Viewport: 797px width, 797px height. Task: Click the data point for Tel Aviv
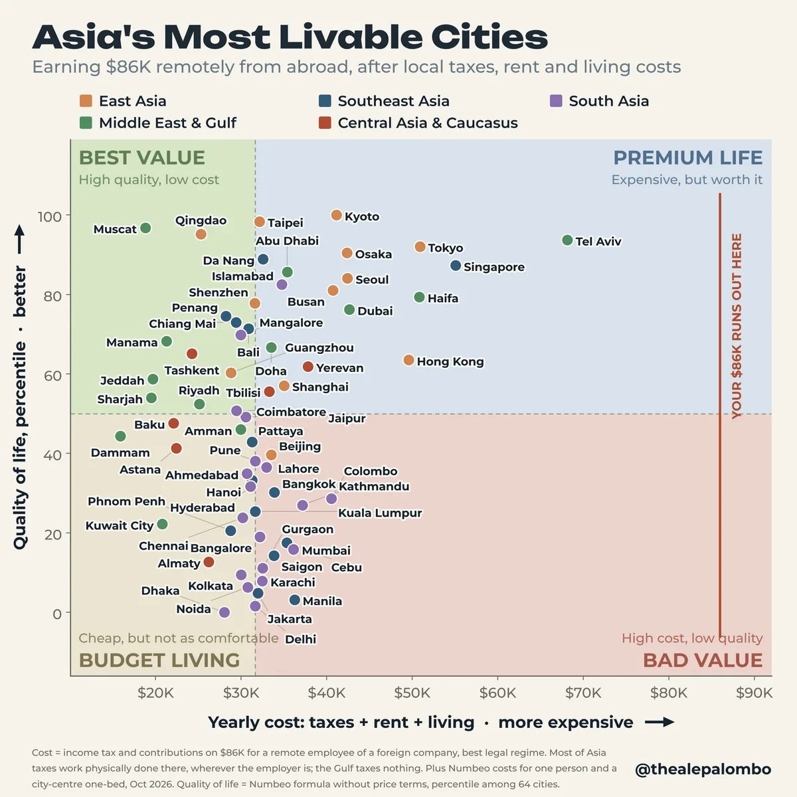(x=567, y=240)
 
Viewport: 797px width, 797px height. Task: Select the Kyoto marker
(x=336, y=215)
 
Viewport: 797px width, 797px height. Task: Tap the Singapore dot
(x=456, y=266)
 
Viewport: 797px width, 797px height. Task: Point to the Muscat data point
(x=145, y=228)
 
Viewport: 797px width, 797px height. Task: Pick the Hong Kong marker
(x=408, y=360)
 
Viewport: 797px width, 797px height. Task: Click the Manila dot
(x=294, y=600)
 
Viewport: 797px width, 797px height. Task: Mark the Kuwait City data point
(x=162, y=524)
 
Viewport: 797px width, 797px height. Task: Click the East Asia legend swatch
(x=86, y=101)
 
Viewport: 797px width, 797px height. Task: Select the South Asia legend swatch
(x=556, y=101)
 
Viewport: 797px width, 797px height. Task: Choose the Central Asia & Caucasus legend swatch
(x=325, y=123)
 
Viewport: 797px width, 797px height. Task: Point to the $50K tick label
(x=412, y=693)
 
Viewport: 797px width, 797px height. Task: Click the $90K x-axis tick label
(x=754, y=693)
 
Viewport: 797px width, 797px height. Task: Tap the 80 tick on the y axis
(x=52, y=296)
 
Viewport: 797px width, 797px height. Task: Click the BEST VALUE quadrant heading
(x=142, y=157)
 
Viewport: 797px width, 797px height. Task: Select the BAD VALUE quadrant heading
(x=703, y=660)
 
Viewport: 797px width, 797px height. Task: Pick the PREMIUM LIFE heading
(x=688, y=157)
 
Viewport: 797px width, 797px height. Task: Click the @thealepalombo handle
(x=703, y=769)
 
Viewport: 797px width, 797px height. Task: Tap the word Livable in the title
(x=351, y=37)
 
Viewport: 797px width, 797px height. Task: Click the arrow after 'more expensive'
(x=660, y=722)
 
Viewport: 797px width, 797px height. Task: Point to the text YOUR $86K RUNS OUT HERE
(x=737, y=326)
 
